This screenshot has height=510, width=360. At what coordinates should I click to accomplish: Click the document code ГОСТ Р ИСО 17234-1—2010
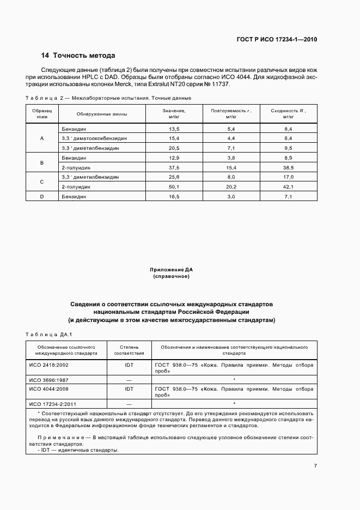[277, 39]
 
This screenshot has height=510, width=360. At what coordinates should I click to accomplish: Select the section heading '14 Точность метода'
[78, 56]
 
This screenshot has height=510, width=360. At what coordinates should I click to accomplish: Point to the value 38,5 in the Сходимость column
[288, 167]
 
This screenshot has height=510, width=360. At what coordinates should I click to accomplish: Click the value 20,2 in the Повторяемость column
[231, 187]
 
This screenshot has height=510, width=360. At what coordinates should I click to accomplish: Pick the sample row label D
[42, 197]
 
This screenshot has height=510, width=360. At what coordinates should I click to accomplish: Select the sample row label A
[42, 138]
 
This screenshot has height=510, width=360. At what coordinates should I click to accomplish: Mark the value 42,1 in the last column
[288, 187]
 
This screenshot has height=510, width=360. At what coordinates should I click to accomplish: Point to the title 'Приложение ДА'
[171, 270]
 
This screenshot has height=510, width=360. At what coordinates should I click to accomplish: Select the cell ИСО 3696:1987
[49, 379]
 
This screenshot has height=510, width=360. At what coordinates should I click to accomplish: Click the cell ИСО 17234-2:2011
[52, 404]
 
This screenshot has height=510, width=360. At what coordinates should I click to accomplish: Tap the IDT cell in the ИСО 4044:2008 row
[129, 389]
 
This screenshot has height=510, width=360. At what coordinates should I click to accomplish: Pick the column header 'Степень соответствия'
[129, 350]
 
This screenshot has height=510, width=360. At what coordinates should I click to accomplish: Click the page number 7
[315, 465]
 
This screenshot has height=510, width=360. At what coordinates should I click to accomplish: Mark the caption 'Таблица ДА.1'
[50, 334]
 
